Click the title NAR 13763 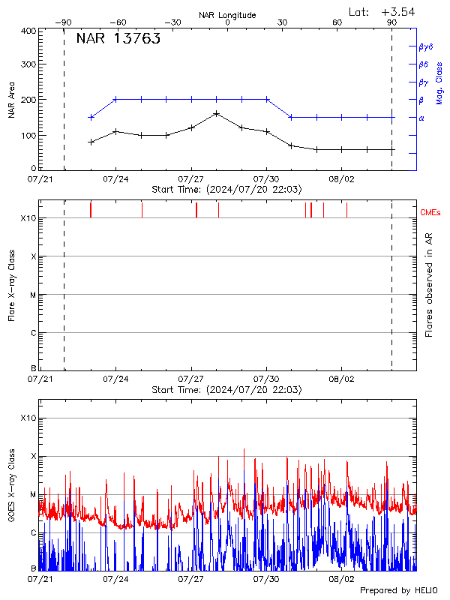[x=118, y=40]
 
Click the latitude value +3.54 [x=397, y=11]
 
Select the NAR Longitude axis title [x=227, y=15]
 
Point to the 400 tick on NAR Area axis [x=28, y=31]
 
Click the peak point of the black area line [x=216, y=113]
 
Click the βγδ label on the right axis [x=425, y=46]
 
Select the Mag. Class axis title [x=439, y=82]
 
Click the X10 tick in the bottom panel [x=28, y=418]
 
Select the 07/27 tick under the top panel [x=191, y=180]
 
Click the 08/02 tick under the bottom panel [x=341, y=579]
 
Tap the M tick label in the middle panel [x=32, y=295]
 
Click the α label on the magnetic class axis [x=421, y=118]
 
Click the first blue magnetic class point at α [x=91, y=117]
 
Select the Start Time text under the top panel [x=226, y=190]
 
